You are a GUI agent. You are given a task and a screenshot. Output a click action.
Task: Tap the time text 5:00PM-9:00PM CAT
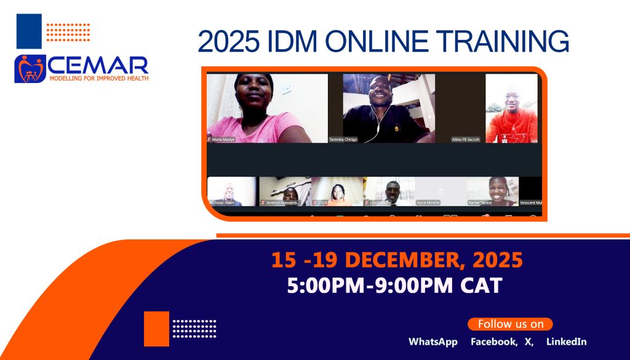pyautogui.click(x=394, y=286)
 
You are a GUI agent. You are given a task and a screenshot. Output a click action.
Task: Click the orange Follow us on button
pyautogui.click(x=510, y=324)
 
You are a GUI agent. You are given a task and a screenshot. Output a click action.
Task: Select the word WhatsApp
pyautogui.click(x=433, y=342)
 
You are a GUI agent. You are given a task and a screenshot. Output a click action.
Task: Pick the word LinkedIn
pyautogui.click(x=566, y=342)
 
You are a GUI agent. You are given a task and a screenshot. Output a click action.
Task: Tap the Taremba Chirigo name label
pyautogui.click(x=343, y=140)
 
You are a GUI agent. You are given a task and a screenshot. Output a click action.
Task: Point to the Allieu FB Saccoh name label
pyautogui.click(x=466, y=140)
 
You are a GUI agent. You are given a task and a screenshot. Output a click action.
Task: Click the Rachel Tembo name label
pyautogui.click(x=480, y=202)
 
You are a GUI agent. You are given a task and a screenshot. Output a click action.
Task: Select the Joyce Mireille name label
pyautogui.click(x=429, y=202)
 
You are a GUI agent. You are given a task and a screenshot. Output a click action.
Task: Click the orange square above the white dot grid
pyautogui.click(x=156, y=329)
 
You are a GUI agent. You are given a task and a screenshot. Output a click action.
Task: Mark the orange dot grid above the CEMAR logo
pyautogui.click(x=68, y=31)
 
